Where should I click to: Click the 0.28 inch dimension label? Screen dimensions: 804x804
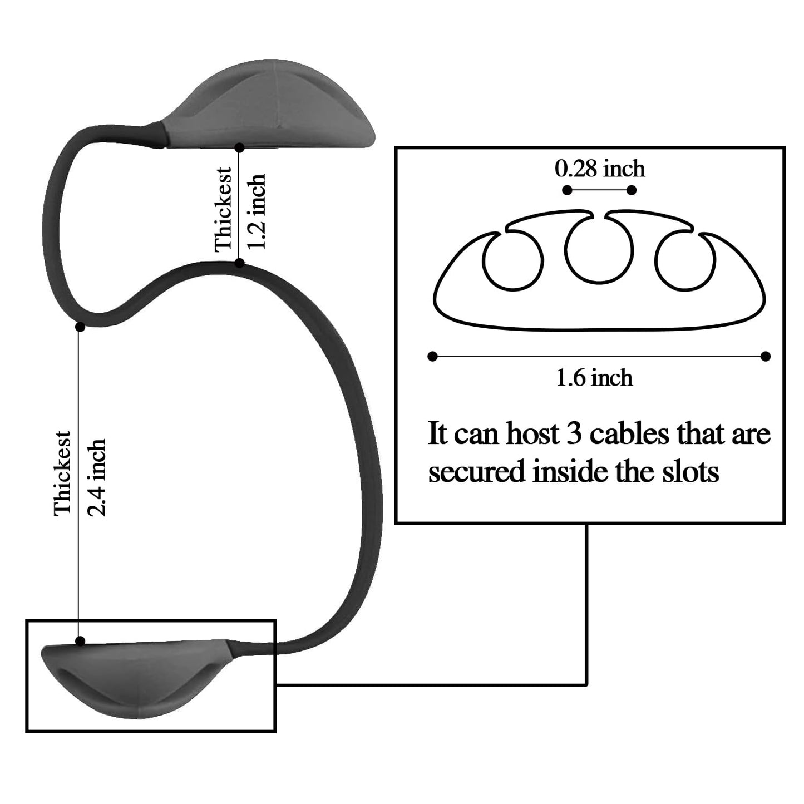(600, 169)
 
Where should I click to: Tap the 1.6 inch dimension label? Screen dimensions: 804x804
(595, 378)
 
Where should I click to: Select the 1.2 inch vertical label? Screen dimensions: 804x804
(257, 211)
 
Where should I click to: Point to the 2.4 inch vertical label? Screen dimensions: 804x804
(96, 478)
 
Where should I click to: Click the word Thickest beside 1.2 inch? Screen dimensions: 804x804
(223, 209)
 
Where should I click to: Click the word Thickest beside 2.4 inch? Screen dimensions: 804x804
(62, 473)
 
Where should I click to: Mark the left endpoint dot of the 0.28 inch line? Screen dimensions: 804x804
(567, 190)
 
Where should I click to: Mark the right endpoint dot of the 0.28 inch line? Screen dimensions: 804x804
(632, 190)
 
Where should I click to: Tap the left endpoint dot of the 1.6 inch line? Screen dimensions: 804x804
(433, 356)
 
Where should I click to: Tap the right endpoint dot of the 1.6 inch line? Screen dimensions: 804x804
(766, 356)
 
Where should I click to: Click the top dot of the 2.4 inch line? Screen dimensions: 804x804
(81, 327)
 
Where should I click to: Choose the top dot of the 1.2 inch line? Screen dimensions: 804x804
(239, 147)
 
